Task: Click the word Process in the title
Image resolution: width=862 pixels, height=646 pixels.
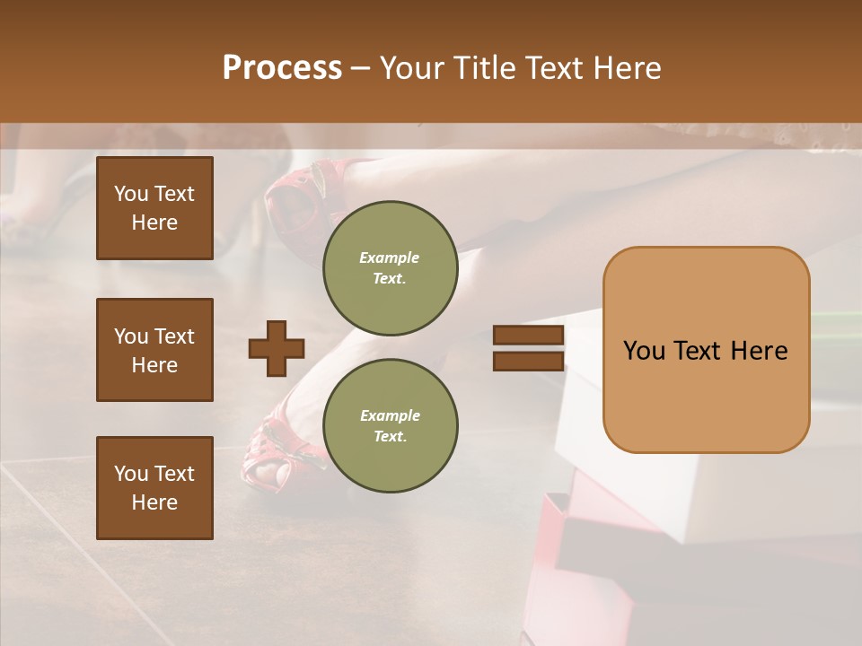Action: coord(282,68)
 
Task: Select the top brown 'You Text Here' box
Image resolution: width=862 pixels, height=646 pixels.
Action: coord(154,208)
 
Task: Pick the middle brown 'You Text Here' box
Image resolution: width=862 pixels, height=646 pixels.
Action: coord(154,350)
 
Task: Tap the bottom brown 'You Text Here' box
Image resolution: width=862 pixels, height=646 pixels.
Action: coord(154,487)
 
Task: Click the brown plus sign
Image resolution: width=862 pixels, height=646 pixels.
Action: coord(277,348)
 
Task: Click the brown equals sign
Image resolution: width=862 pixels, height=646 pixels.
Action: coord(528,348)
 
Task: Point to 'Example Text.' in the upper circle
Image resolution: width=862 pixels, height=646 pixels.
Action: coord(390,268)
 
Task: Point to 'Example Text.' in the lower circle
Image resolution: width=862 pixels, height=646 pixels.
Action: coord(390,426)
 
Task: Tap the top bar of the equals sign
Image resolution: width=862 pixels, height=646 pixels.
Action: coord(528,336)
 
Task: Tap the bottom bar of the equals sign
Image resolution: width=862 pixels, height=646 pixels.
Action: coord(528,361)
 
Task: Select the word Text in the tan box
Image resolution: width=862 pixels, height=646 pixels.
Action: coord(707,351)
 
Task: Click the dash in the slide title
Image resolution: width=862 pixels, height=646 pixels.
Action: coord(361,69)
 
